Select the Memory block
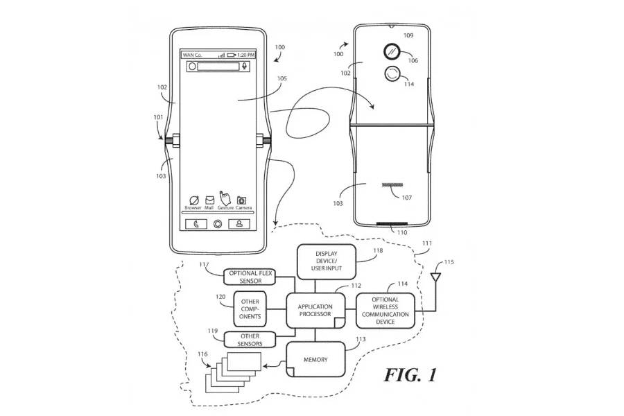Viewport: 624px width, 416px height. [x=315, y=360]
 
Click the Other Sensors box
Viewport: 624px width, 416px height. [x=249, y=339]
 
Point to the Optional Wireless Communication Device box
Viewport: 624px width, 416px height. [x=385, y=311]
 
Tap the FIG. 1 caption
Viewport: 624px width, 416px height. [x=410, y=375]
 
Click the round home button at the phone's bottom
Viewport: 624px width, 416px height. [x=218, y=224]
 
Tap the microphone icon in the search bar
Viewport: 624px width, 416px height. [x=244, y=67]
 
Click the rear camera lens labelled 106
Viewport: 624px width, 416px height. [x=392, y=51]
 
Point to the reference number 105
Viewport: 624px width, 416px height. [x=281, y=79]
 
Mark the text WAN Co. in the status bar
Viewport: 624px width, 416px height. [x=191, y=53]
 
